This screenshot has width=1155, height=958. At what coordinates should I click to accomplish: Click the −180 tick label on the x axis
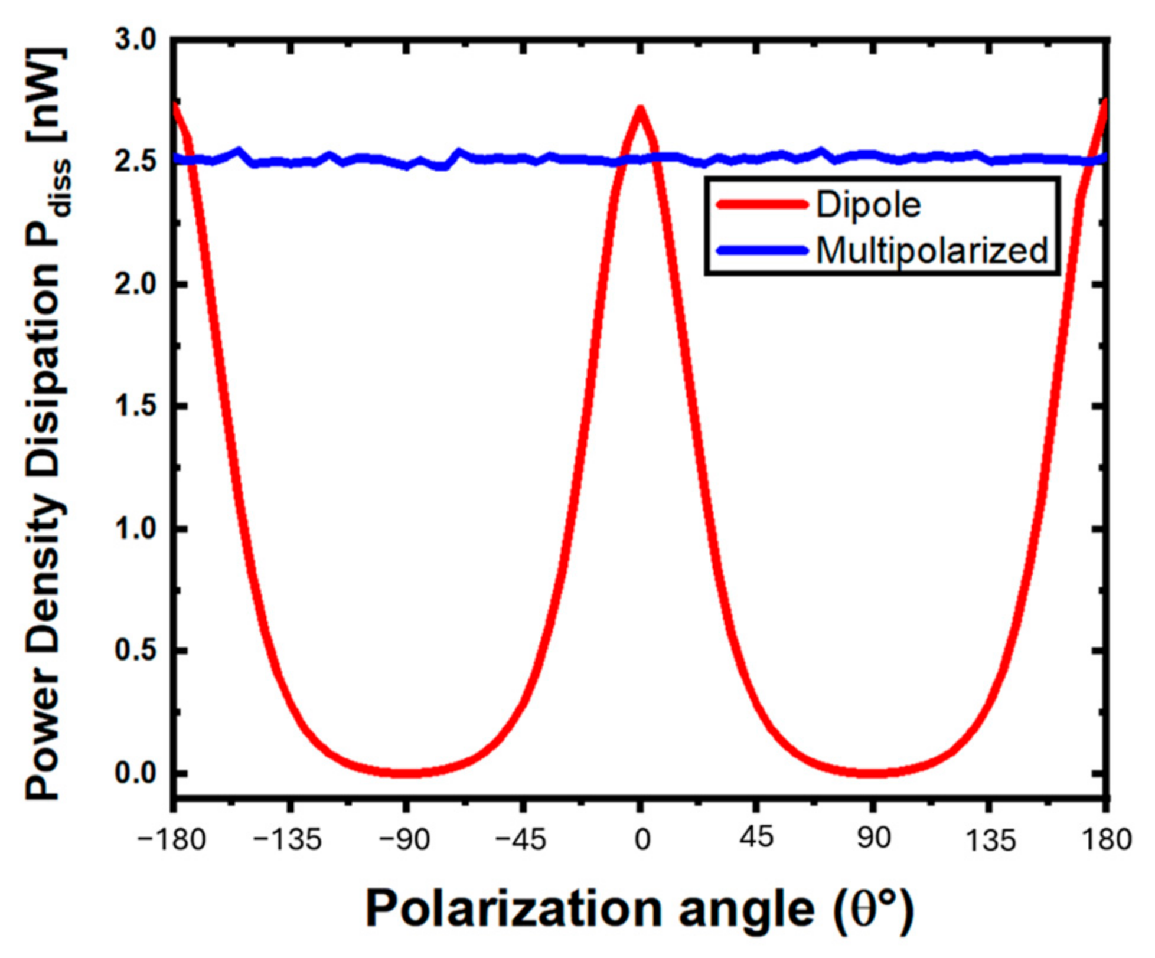point(171,839)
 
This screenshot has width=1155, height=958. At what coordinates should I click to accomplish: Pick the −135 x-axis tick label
point(288,839)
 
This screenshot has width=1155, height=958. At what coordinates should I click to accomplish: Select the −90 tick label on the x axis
point(404,839)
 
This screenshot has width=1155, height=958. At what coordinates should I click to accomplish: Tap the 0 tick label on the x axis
point(642,839)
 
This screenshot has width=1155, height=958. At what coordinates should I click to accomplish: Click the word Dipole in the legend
point(868,205)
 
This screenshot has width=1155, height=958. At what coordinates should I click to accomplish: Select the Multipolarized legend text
point(932,250)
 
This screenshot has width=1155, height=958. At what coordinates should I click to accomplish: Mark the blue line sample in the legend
point(762,250)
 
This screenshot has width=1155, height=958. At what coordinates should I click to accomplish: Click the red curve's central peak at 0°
point(640,110)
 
